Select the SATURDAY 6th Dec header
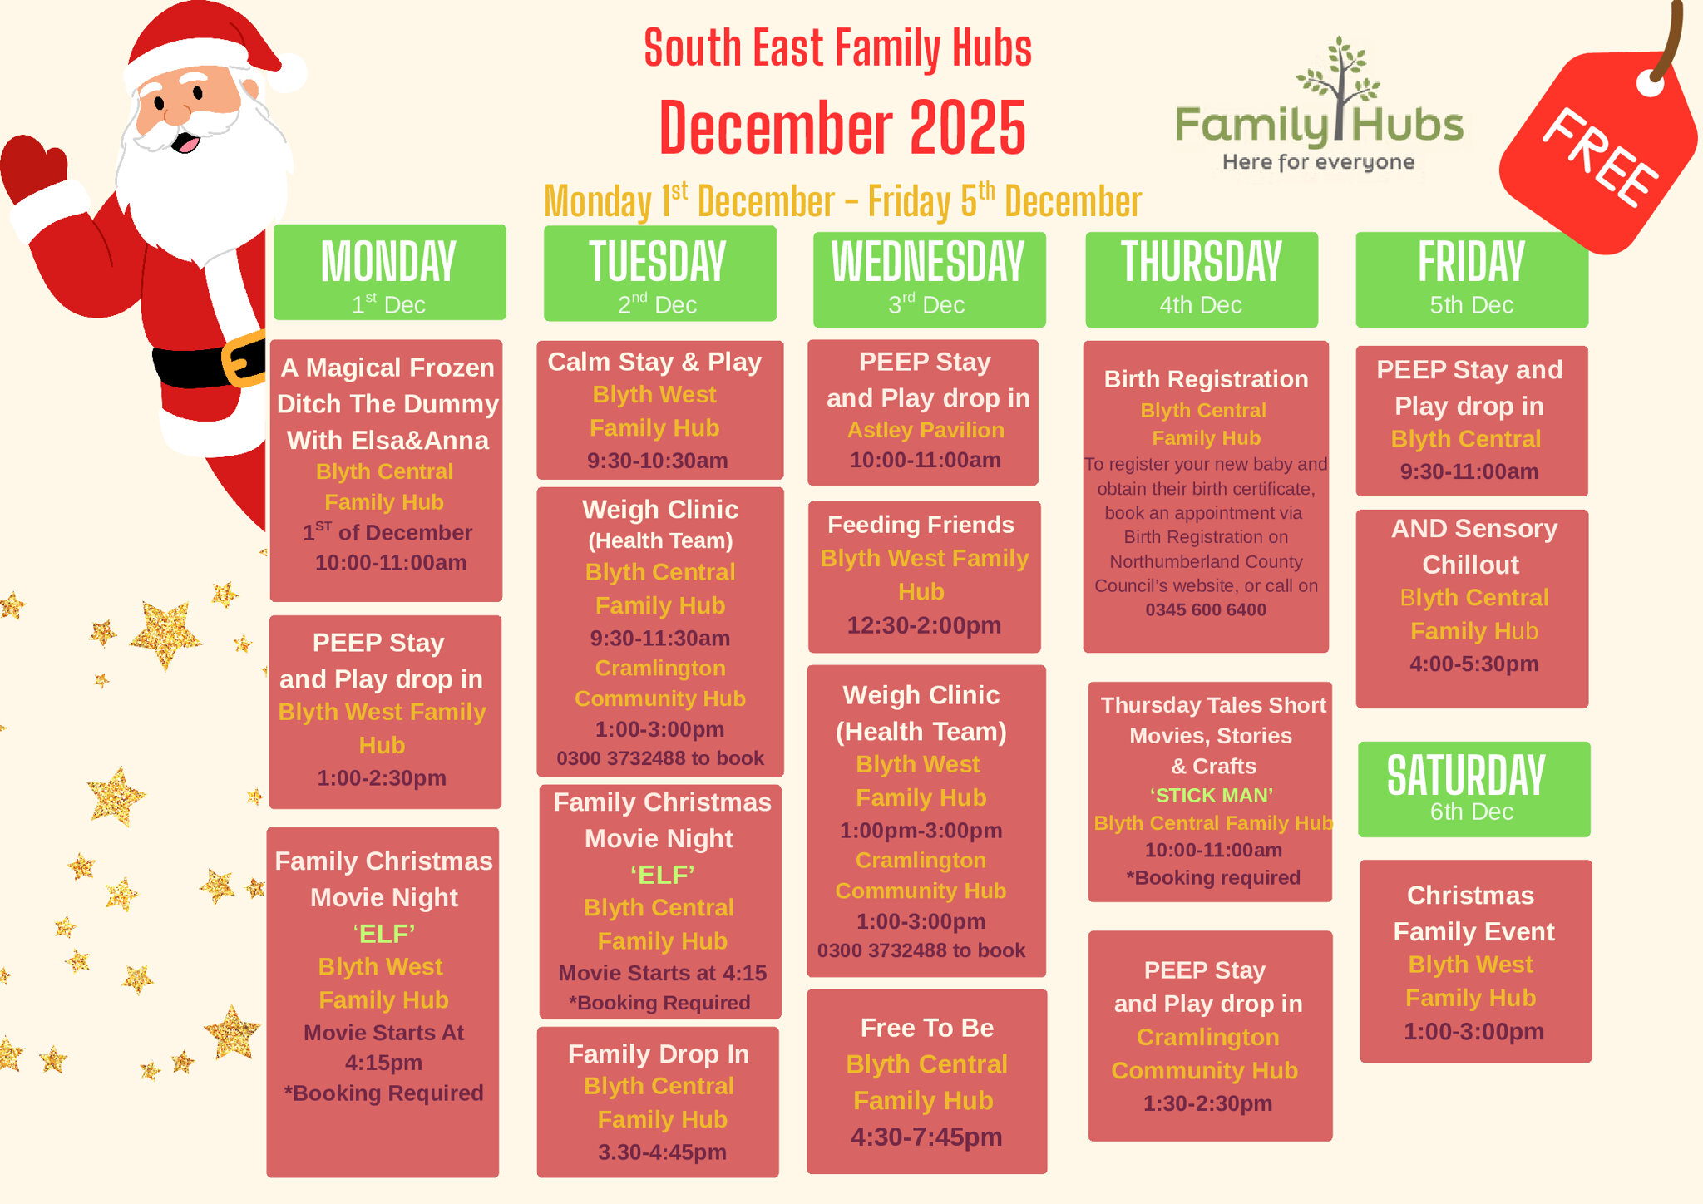tap(1473, 788)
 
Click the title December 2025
tap(842, 128)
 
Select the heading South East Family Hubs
tap(837, 48)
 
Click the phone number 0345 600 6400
tap(1205, 609)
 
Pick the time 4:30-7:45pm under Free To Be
tap(926, 1137)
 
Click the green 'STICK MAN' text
tap(1211, 795)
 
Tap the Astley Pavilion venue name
tap(926, 430)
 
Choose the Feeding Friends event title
tap(921, 525)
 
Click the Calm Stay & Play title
tap(654, 362)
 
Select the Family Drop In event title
tap(658, 1053)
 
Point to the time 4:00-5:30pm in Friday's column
tap(1473, 664)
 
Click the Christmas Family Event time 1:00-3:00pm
tap(1473, 1031)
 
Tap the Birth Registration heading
tap(1206, 379)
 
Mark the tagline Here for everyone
tap(1318, 162)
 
